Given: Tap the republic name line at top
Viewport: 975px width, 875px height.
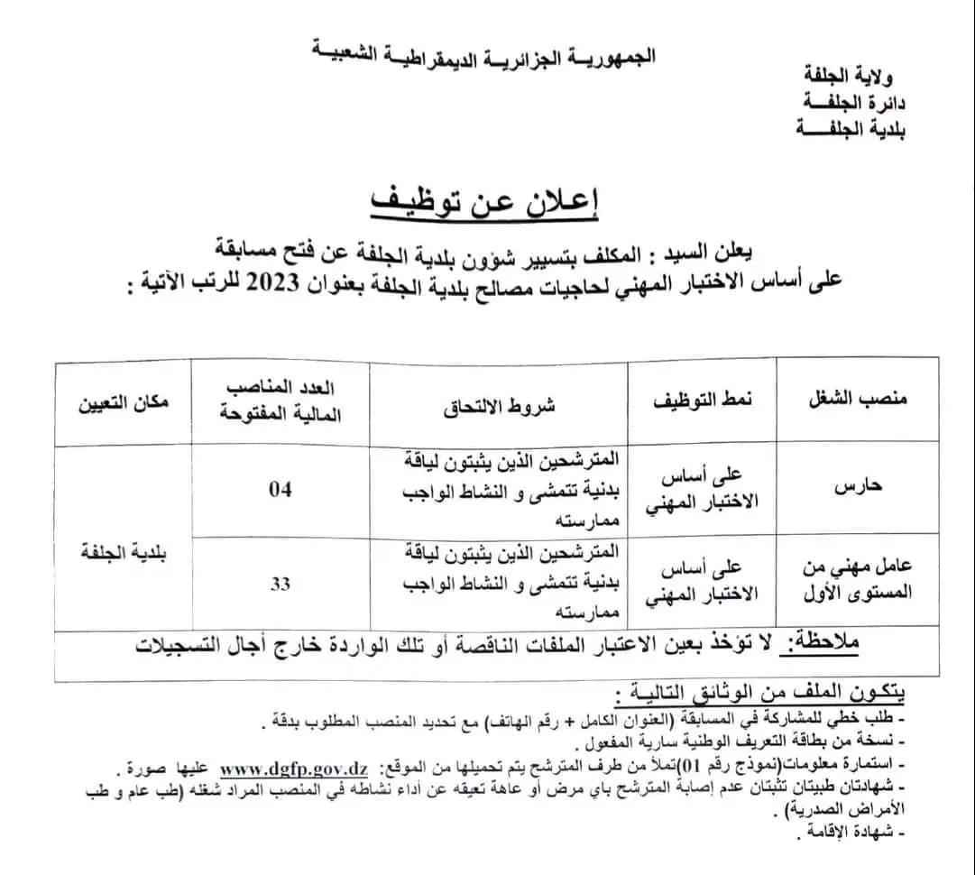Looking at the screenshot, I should [487, 56].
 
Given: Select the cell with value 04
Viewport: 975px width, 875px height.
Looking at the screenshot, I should [281, 490].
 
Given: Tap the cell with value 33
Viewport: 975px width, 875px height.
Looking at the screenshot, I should [281, 584].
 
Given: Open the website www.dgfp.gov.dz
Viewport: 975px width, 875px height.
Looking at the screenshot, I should [294, 769].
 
